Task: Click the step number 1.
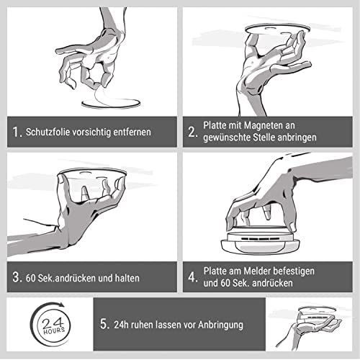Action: pos(17,132)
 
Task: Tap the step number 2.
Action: pos(192,132)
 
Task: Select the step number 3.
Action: pos(17,277)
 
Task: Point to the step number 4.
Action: pos(193,277)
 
